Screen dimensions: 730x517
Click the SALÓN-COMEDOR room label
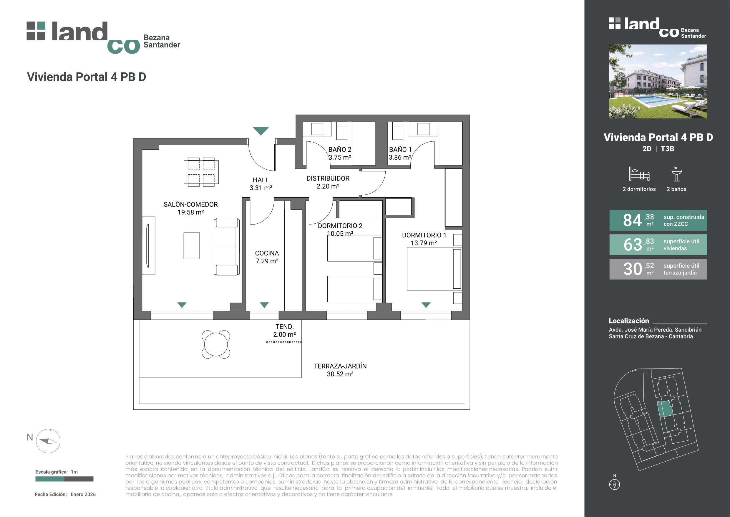(190, 204)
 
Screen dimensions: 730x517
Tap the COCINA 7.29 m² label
(267, 257)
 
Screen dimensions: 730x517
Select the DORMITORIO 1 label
(424, 235)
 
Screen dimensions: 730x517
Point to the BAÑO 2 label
(340, 149)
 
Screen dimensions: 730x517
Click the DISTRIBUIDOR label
(328, 178)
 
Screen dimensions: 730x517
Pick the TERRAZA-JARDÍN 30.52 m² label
(340, 370)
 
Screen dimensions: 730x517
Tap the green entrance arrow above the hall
(261, 131)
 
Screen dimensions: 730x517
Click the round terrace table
(216, 344)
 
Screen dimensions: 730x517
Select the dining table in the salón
(201, 172)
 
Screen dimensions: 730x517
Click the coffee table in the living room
(192, 245)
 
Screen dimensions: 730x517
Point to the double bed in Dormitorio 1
(434, 269)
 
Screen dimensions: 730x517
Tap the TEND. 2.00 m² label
(284, 331)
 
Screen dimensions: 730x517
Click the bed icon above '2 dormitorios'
(639, 174)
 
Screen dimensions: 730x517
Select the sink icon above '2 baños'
(676, 174)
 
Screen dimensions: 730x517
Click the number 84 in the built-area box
(632, 220)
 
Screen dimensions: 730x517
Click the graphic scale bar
(64, 479)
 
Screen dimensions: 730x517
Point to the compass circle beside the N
(48, 441)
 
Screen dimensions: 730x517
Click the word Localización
(629, 321)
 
